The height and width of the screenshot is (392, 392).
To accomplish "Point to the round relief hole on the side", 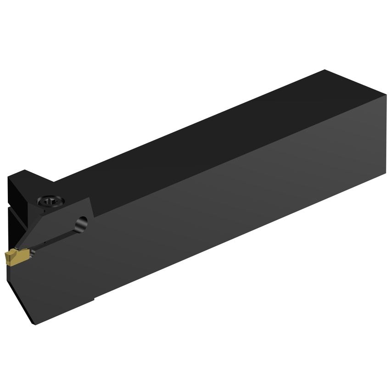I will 81,223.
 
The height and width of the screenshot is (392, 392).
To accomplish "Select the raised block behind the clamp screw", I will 28,179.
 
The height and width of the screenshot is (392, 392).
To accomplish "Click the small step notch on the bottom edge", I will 94,300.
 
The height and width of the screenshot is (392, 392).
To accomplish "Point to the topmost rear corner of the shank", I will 325,70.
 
